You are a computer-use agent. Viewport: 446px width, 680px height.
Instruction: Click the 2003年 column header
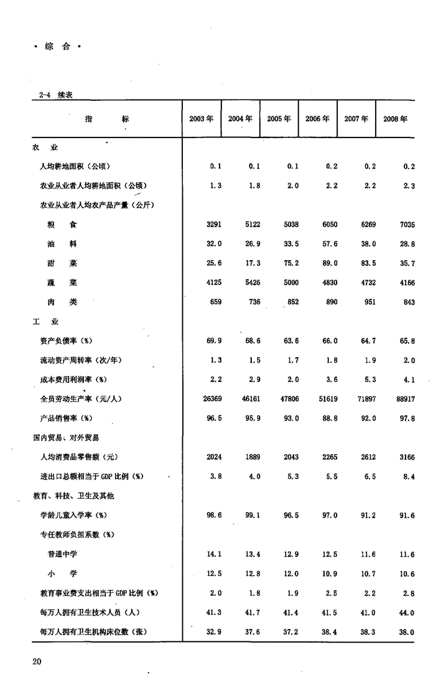click(x=201, y=119)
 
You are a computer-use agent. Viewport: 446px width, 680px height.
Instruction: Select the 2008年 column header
click(x=396, y=119)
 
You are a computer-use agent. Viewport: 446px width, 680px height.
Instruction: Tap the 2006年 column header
click(x=317, y=119)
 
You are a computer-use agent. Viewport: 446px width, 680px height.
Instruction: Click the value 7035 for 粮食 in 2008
click(x=404, y=225)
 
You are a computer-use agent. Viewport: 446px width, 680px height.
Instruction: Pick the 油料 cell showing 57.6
click(x=328, y=244)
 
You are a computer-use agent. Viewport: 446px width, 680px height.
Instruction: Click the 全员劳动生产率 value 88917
click(x=403, y=399)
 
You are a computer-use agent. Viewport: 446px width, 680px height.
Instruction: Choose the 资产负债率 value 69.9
click(x=214, y=341)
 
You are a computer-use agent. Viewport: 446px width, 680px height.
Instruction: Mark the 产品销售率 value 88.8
click(x=328, y=419)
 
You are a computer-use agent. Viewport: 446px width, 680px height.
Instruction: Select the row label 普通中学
click(x=63, y=554)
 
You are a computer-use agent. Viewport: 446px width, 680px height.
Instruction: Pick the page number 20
click(x=37, y=661)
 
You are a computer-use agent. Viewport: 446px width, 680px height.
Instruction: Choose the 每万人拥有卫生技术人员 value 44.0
click(x=406, y=613)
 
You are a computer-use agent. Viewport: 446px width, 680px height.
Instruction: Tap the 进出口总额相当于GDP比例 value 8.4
click(x=408, y=477)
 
